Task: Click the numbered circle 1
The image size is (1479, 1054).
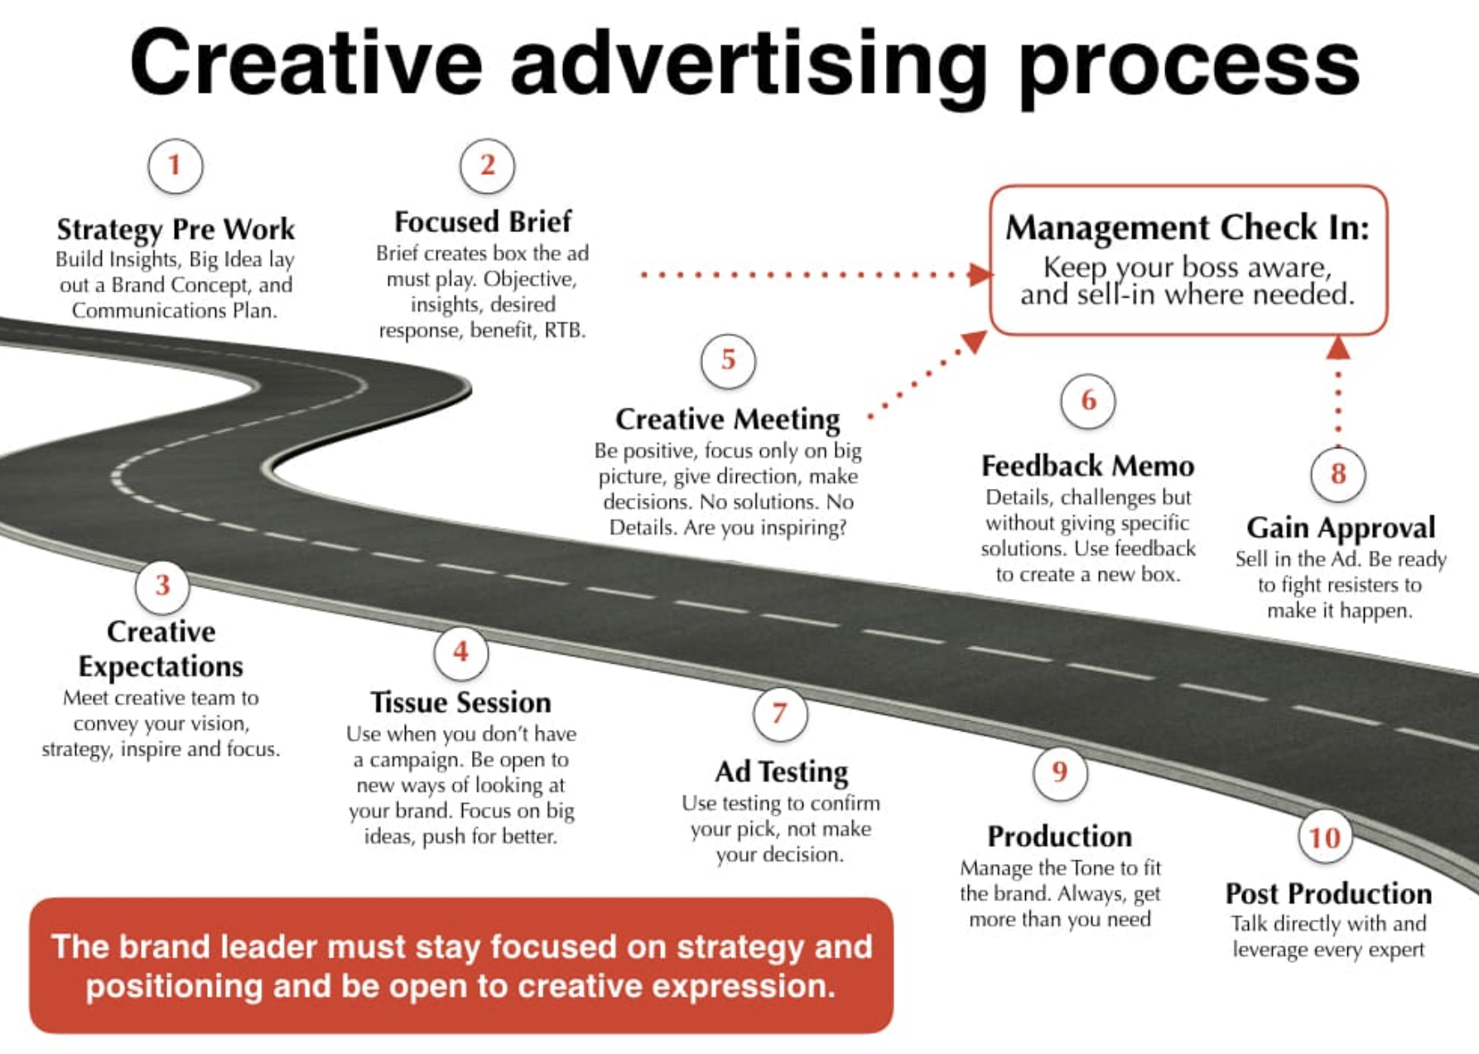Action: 175,166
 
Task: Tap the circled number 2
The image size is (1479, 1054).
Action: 487,166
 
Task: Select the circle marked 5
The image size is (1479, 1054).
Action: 728,360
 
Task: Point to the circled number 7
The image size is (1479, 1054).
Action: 780,713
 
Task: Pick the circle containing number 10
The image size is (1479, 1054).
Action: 1325,838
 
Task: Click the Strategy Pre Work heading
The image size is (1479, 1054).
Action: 176,230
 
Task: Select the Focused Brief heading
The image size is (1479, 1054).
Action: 483,222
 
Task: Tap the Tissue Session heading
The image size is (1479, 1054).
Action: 460,703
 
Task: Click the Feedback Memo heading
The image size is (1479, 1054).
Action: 1087,467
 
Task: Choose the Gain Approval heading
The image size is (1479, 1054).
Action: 1341,528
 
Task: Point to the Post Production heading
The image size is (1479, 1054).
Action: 1328,893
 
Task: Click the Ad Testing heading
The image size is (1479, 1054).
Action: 782,772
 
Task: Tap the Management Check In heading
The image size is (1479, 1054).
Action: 1188,228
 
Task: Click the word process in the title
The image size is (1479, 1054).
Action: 1189,66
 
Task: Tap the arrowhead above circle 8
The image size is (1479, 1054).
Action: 1338,347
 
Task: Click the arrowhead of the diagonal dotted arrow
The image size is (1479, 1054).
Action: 976,341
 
